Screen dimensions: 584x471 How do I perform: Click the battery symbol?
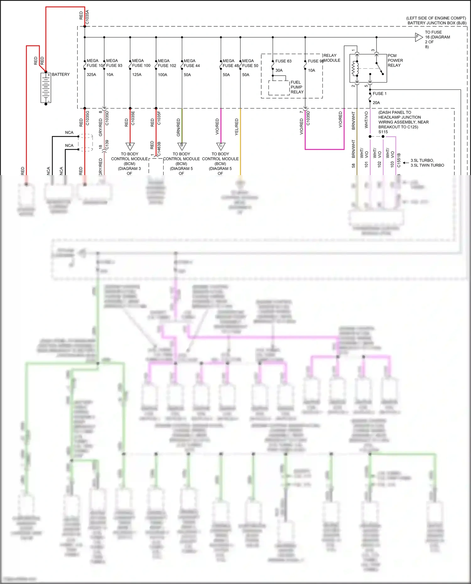coord(46,88)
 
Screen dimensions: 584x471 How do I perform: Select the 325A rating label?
coord(91,75)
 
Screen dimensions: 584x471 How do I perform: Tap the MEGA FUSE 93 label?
coord(114,63)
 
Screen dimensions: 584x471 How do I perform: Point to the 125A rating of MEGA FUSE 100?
coord(137,75)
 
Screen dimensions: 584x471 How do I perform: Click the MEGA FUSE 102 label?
coord(167,63)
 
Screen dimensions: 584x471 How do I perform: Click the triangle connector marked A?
coord(130,146)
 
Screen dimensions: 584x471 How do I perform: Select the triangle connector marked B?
coord(182,146)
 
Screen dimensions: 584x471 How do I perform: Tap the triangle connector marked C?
coord(221,146)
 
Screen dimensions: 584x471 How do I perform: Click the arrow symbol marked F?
coord(418,37)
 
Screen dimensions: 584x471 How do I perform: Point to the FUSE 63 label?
coord(283,61)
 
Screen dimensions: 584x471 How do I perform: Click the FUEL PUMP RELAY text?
coord(297,87)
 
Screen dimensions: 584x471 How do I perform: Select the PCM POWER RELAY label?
coord(395,61)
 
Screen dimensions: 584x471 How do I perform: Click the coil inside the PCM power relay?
coord(355,68)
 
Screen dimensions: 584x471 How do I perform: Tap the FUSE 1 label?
coord(379,94)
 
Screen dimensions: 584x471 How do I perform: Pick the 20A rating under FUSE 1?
coord(376,103)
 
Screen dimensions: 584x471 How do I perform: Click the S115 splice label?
coord(383,132)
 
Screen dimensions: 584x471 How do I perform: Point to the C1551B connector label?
coord(399,160)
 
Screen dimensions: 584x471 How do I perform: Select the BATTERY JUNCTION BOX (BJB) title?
coord(437,23)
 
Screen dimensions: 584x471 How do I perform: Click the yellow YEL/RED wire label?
coord(237,127)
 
